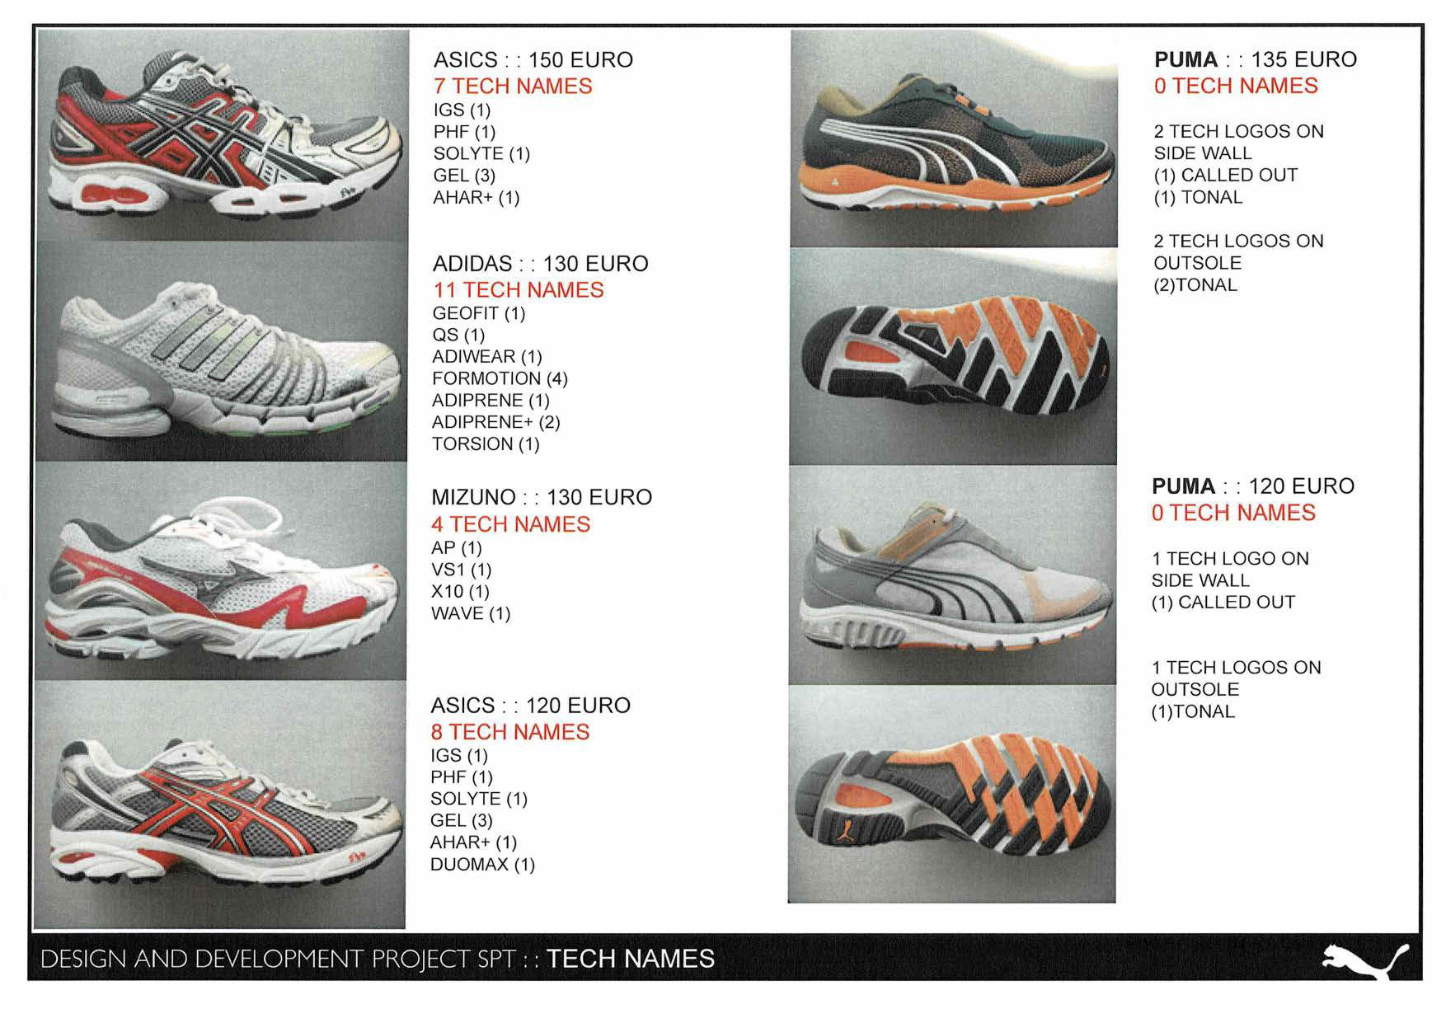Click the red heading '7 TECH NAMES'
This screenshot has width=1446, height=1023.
[x=513, y=86]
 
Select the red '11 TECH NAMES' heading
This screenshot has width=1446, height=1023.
[x=519, y=290]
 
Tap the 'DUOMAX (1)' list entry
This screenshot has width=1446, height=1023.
[x=482, y=865]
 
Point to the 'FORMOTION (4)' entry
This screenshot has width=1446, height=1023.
[x=500, y=378]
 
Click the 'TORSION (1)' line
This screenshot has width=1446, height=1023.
[x=486, y=444]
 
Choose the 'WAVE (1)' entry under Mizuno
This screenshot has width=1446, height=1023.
[x=471, y=614]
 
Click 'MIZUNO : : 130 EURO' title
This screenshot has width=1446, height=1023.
[x=542, y=498]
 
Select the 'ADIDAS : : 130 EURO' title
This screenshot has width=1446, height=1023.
[x=540, y=264]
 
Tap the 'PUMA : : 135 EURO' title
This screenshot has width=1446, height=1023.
[x=1255, y=59]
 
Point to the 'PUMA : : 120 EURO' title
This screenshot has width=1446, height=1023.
[x=1252, y=486]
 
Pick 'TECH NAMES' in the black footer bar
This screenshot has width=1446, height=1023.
[x=631, y=960]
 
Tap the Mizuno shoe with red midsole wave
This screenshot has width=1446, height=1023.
[x=221, y=577]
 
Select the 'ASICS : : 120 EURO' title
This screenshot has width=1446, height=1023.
[x=530, y=706]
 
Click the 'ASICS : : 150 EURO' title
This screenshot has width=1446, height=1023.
[x=533, y=60]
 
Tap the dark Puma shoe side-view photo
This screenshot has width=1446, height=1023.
[x=953, y=144]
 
